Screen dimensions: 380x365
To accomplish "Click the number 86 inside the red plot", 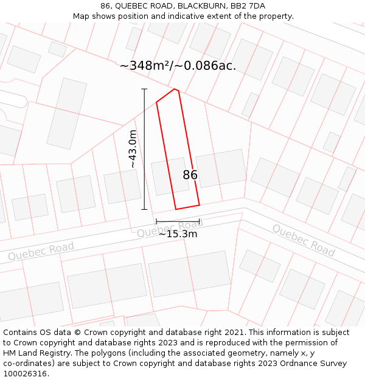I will click(190, 175).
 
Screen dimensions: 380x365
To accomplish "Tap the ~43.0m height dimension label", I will click(133, 149).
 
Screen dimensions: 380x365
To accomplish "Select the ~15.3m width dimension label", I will click(178, 234).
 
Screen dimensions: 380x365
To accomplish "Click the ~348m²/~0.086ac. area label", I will click(178, 66).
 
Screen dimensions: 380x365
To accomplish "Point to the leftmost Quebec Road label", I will click(41, 251).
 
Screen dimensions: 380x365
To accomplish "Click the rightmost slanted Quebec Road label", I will click(303, 240).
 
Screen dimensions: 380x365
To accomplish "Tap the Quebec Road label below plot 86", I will click(170, 229).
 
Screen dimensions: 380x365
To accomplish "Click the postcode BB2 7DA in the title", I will click(248, 6).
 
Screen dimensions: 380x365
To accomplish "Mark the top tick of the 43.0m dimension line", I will click(144, 89).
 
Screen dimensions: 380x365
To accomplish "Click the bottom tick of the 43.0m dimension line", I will click(144, 209).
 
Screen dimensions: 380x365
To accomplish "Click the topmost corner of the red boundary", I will click(175, 89).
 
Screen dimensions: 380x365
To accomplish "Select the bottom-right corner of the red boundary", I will click(200, 205).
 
